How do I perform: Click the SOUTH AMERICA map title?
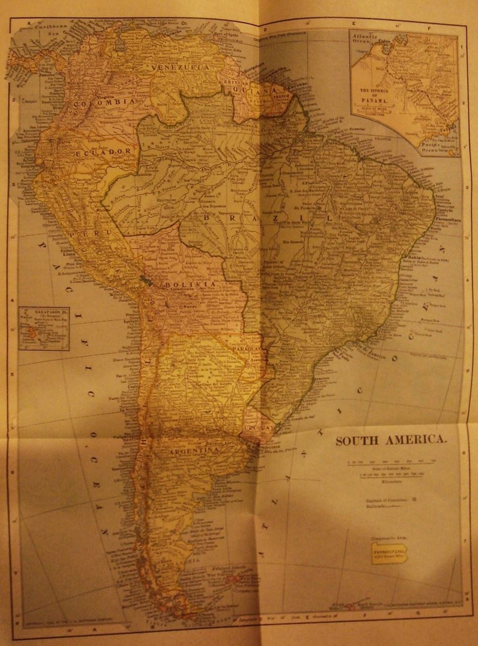click(x=391, y=440)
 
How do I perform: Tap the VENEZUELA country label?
click(x=177, y=67)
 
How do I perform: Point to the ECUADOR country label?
click(x=104, y=151)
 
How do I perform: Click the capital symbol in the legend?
click(x=414, y=500)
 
